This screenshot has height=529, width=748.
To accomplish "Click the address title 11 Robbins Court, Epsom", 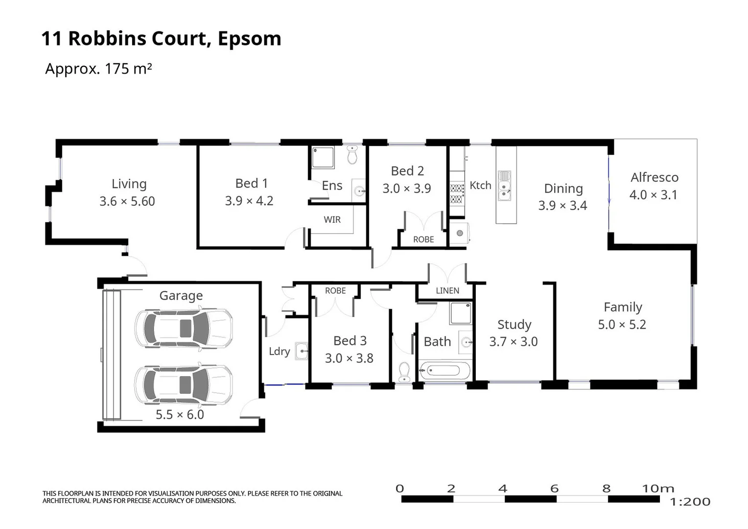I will pos(161,39).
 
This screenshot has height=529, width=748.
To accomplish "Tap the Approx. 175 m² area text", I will pos(98,69).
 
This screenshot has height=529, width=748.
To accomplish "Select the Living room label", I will pos(129,184).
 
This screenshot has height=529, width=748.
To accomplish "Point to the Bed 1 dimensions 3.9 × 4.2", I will pos(249,201).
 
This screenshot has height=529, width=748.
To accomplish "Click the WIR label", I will pos(332,220).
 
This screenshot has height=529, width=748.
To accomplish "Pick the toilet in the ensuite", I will pos(352,155).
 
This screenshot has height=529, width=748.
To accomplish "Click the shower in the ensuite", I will pos(323,158).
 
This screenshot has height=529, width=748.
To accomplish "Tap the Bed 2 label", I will pos(407,171).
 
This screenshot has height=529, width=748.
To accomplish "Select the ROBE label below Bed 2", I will pos(423,240).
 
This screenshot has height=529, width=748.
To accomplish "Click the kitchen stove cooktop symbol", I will pos(457,193).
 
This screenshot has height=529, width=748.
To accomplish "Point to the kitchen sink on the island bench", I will pos(504,186).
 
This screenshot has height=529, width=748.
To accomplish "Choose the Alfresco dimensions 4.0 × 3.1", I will pos(653,195).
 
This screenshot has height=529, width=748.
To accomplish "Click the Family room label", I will pos(623,307).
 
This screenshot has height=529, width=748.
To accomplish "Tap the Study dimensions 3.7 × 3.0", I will pos(514,341).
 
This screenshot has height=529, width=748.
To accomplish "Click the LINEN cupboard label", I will pos(447,291).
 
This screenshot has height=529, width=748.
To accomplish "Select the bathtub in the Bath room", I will pos(444,370).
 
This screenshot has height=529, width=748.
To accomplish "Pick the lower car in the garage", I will pos(184,385).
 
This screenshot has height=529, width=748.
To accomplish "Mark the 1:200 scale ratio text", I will pos(690,502).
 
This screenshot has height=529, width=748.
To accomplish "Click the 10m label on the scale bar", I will pos(658,488).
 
